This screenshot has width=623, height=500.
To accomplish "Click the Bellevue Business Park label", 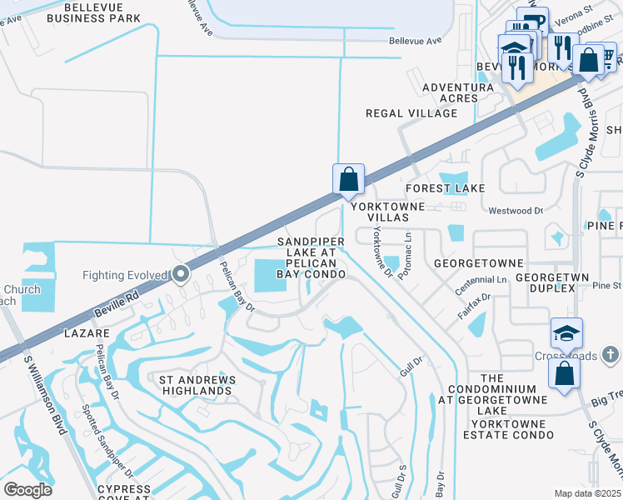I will (93, 11).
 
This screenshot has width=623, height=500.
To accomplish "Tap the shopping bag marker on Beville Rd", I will (348, 178).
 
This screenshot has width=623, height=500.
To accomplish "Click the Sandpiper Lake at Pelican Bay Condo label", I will (306, 257).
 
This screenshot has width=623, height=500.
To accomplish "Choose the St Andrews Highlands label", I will (197, 385).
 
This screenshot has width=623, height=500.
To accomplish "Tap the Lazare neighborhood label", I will (86, 332).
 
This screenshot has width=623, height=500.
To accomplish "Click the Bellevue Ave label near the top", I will (414, 40).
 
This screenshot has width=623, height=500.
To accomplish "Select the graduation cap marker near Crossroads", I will (566, 334).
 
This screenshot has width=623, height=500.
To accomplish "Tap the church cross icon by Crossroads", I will (610, 355).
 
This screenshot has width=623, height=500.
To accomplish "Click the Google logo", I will (27, 490).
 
